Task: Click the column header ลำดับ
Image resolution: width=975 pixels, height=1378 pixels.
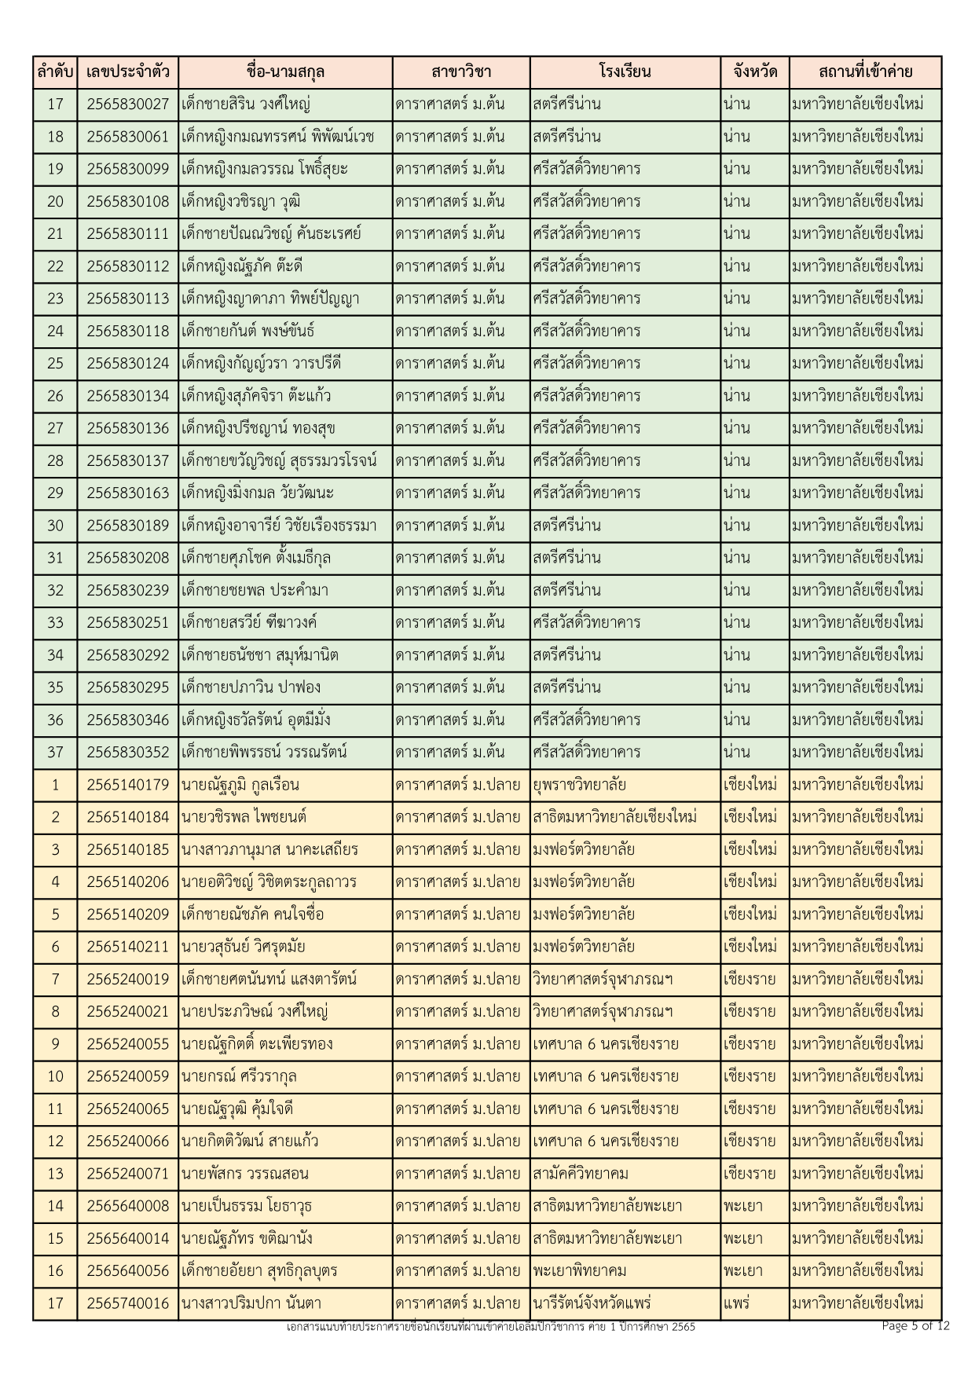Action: click(x=55, y=72)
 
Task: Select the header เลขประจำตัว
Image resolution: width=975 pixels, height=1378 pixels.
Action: click(x=127, y=72)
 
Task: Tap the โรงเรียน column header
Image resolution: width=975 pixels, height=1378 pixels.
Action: click(x=625, y=72)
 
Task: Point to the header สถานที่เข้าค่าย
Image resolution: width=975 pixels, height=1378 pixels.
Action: click(x=864, y=72)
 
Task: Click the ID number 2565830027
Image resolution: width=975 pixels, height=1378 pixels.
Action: click(x=127, y=104)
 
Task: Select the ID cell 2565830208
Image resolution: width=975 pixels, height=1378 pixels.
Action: click(x=127, y=559)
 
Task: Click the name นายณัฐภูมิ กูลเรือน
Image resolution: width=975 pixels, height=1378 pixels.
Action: click(x=240, y=785)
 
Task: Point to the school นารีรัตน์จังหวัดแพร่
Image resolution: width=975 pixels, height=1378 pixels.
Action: click(x=592, y=1303)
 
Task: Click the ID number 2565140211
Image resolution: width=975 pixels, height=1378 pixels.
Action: click(x=127, y=947)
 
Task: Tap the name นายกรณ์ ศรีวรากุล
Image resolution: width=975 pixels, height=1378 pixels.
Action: click(x=239, y=1076)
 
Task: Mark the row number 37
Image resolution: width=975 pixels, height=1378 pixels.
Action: click(x=55, y=753)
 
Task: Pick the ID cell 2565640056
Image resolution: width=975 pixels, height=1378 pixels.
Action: click(x=127, y=1271)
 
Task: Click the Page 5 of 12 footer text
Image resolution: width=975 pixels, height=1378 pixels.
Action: click(x=915, y=1326)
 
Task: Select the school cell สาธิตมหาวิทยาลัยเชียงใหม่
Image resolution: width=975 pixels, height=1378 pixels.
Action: click(x=614, y=817)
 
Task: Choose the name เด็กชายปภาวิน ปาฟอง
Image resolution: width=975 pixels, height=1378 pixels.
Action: click(x=251, y=688)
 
